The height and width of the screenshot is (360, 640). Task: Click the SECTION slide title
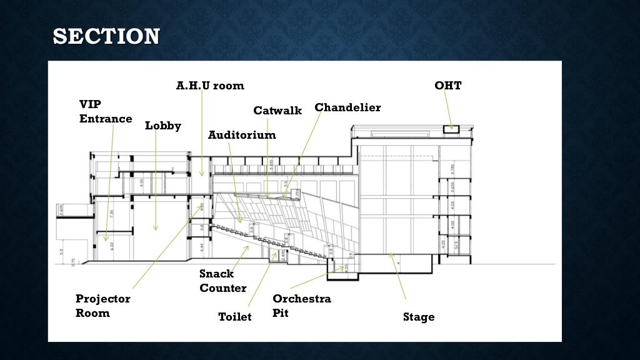[106, 36]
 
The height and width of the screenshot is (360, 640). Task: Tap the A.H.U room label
[210, 86]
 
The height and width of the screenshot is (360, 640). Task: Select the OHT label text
[447, 86]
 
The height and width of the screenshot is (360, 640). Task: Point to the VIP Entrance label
[106, 111]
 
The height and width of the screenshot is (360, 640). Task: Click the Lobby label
[163, 126]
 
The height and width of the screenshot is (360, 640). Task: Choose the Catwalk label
[277, 111]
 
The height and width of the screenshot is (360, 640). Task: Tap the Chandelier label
[347, 107]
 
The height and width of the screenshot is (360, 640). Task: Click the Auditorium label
[242, 135]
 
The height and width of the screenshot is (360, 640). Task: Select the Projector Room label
[103, 306]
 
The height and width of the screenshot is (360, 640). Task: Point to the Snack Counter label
[223, 281]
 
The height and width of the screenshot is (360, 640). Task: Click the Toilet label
[235, 317]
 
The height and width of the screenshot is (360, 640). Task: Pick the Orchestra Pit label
[302, 306]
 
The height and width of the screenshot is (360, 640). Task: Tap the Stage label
[419, 317]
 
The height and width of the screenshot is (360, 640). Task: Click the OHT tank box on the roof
[451, 129]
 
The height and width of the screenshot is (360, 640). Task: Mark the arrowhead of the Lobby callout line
[156, 229]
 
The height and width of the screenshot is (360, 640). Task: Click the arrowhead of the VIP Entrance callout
[106, 239]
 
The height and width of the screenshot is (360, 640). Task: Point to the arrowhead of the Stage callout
[391, 254]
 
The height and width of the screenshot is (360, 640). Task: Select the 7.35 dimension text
[112, 214]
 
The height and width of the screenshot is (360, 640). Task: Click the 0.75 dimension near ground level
[74, 261]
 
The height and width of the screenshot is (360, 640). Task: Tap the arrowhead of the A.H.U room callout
[202, 174]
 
